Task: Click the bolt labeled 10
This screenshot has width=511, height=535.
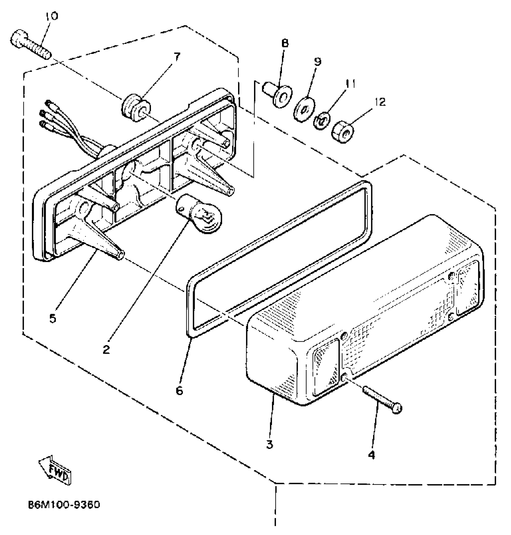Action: click(x=30, y=44)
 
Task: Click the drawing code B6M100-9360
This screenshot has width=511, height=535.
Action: click(x=64, y=504)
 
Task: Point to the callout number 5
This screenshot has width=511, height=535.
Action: click(x=53, y=318)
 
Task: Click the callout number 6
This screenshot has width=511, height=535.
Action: click(x=179, y=391)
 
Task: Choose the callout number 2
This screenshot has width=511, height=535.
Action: click(x=106, y=349)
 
